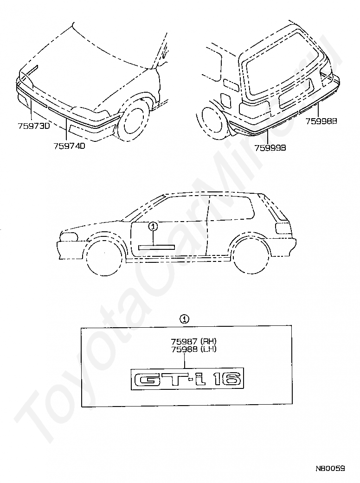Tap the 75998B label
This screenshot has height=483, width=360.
click(321, 121)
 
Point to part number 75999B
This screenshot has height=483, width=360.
click(270, 147)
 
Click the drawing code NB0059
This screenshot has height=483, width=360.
click(330, 469)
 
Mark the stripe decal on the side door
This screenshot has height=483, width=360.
click(156, 247)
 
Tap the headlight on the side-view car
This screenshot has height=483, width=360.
click(68, 237)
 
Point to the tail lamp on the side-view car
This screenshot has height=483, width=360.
click(283, 228)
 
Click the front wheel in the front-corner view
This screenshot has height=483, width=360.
click(135, 123)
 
